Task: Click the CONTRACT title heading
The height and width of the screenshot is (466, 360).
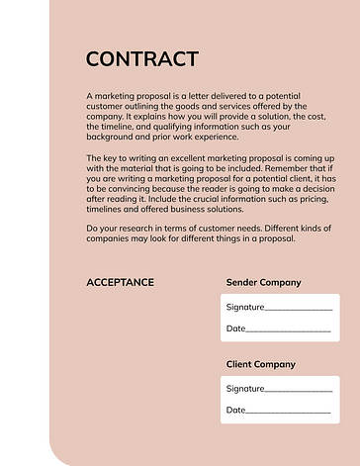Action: pos(142,58)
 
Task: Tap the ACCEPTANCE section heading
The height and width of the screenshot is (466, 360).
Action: pos(120,282)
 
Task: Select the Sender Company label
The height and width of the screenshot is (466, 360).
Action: pos(263,282)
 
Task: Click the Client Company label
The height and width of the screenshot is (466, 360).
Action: pos(261,364)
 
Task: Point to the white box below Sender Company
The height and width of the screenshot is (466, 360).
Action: pos(280,319)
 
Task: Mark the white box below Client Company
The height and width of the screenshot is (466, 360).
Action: pos(280,399)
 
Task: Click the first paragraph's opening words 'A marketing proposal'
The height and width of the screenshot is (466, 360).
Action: pos(124,96)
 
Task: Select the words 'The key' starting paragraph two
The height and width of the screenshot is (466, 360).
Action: pos(102,158)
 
